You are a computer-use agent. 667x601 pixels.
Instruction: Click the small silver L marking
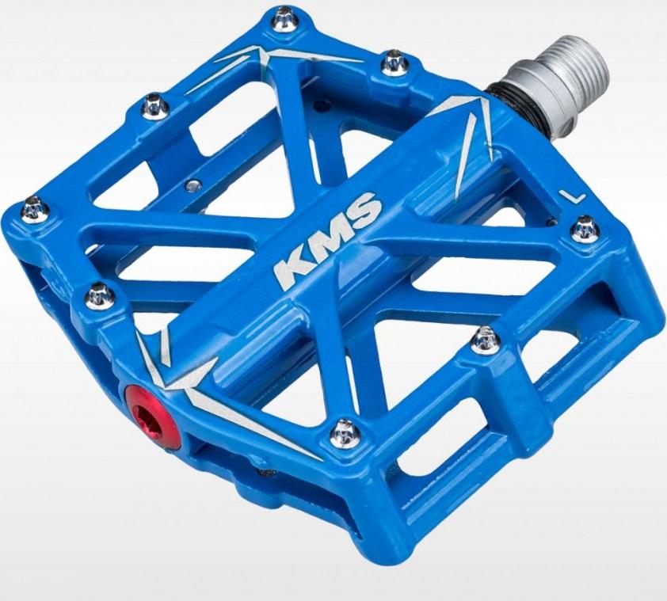[572, 196]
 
